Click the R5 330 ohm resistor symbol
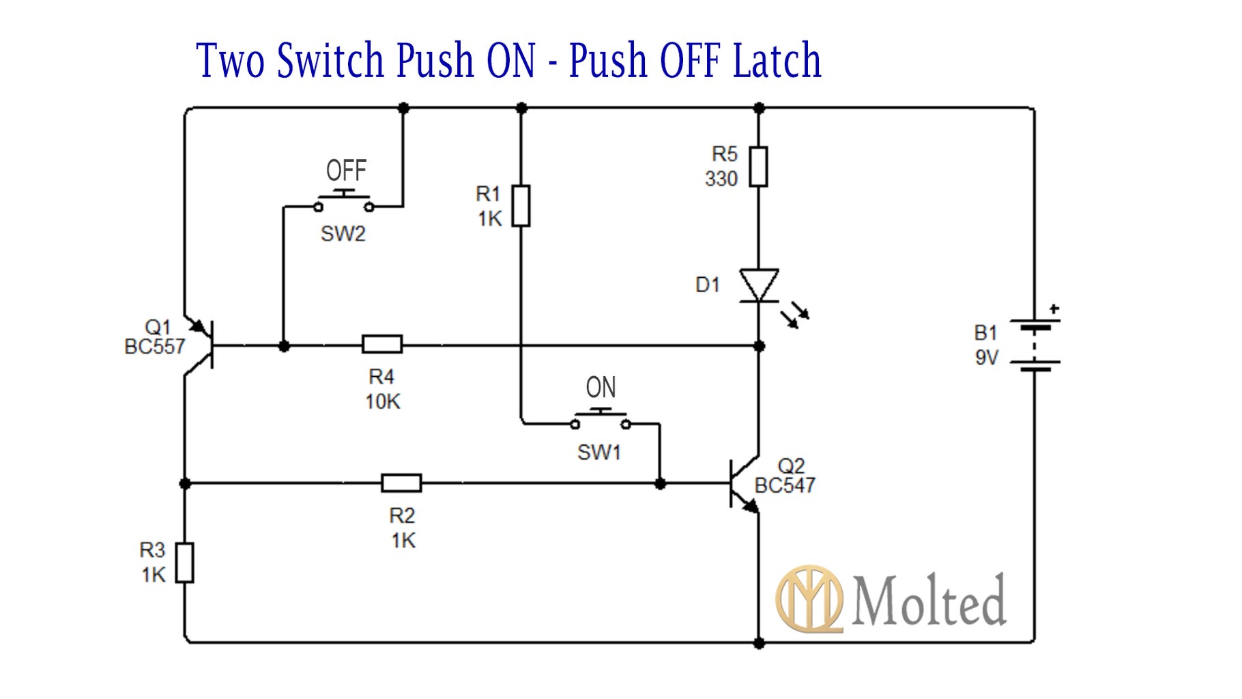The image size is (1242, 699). click(x=758, y=167)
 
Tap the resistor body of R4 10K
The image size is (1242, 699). click(x=381, y=344)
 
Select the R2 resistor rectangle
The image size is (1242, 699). click(x=401, y=483)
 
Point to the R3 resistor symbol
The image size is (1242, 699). click(x=184, y=563)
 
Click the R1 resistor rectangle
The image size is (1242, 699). click(x=521, y=205)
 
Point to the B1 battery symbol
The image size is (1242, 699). click(x=1035, y=345)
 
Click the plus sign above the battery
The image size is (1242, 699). click(x=1054, y=309)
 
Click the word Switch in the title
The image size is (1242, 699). click(x=330, y=61)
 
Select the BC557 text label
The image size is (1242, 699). click(x=154, y=347)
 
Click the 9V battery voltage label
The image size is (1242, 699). click(x=986, y=358)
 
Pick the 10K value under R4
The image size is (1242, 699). click(x=382, y=402)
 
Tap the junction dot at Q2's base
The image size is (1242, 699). click(x=660, y=484)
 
